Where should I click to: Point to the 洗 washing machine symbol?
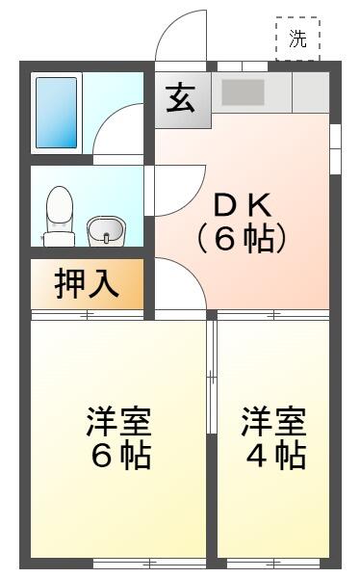tap(297, 39)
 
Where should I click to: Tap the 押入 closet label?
tap(87, 285)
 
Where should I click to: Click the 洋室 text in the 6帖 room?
tap(119, 422)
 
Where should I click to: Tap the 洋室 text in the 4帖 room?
tap(274, 422)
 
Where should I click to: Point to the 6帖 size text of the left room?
tap(119, 456)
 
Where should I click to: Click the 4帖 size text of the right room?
tap(274, 456)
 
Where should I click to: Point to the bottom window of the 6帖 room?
tap(149, 562)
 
